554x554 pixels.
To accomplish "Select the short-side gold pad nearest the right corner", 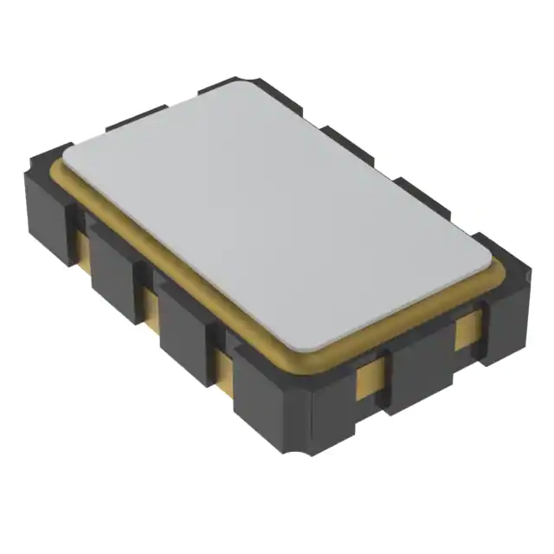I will (467, 327).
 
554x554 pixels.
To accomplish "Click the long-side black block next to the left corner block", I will (117, 273).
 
